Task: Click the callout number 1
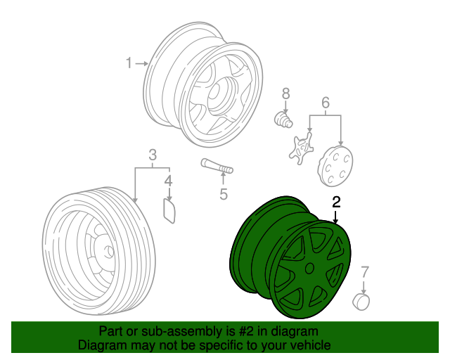click(x=129, y=64)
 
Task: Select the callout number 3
click(x=152, y=155)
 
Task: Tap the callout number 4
click(x=168, y=183)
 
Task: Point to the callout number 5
click(x=224, y=194)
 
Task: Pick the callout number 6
click(x=325, y=103)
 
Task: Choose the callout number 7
click(x=364, y=272)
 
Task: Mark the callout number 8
click(x=286, y=94)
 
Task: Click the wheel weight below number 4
click(x=169, y=210)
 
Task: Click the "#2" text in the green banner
click(x=238, y=331)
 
